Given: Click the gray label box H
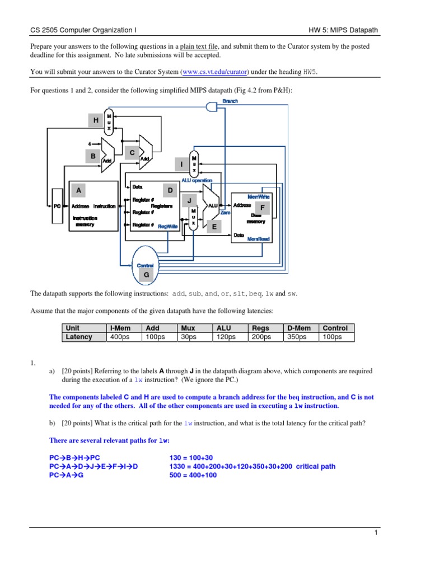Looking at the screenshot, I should click(x=96, y=120).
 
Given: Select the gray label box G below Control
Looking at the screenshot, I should click(x=147, y=275).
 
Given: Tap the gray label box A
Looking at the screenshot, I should click(x=80, y=191).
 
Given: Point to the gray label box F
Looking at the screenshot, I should click(x=261, y=208).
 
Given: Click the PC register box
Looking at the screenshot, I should click(x=57, y=206).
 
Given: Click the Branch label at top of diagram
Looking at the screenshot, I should click(x=230, y=101).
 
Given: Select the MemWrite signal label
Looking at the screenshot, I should click(x=259, y=196).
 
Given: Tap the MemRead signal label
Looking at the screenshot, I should click(x=259, y=239).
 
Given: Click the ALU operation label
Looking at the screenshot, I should click(x=197, y=180).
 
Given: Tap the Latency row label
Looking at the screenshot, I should click(x=78, y=337).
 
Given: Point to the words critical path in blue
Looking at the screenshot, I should click(x=316, y=466).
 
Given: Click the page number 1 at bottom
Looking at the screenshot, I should click(x=377, y=533).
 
